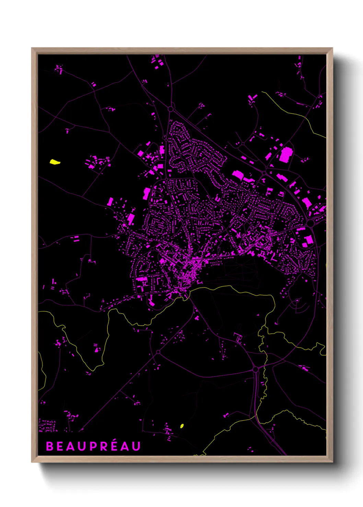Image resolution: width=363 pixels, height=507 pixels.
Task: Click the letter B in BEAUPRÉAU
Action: pyautogui.click(x=49, y=446)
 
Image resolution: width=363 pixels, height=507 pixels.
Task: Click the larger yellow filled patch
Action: pyautogui.click(x=55, y=162)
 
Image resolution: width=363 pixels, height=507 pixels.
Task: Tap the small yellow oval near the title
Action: pyautogui.click(x=182, y=426)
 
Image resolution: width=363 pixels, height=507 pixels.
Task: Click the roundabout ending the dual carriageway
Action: pyautogui.click(x=255, y=369)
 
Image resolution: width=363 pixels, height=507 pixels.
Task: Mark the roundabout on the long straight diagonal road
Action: pyautogui.click(x=158, y=352)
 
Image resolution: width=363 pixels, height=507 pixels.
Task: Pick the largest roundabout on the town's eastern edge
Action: pyautogui.click(x=310, y=223)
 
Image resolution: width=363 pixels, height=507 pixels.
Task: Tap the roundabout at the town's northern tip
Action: pyautogui.click(x=171, y=109)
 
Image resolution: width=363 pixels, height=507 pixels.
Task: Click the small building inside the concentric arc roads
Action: pyautogui.click(x=297, y=301)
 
